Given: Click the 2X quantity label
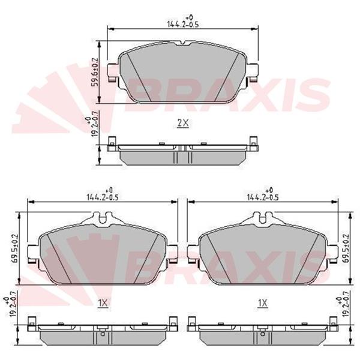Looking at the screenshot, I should pos(183,123).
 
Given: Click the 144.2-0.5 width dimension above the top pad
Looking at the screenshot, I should pos(184,24).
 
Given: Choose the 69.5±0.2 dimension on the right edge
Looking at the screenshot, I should pos(345,248).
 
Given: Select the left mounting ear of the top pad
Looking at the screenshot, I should pos(112,73).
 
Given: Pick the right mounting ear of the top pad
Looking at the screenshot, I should pos(255,73).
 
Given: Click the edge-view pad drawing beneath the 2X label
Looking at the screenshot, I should pos(183,154).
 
